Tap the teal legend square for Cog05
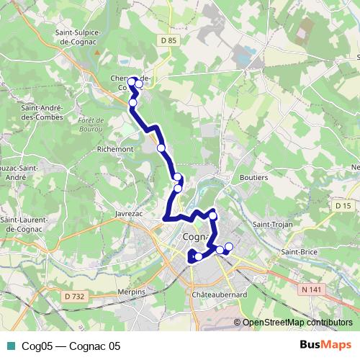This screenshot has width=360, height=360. point(9,346)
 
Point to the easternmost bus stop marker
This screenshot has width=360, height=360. point(229,248)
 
